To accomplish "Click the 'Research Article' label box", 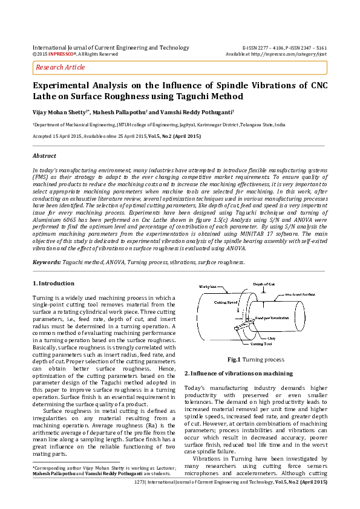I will pyautogui.click(x=61, y=68).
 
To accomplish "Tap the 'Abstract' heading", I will pyautogui.click(x=44, y=156).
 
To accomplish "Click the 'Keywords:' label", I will pyautogui.click(x=47, y=262).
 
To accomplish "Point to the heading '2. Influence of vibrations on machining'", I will pyautogui.click(x=238, y=374).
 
